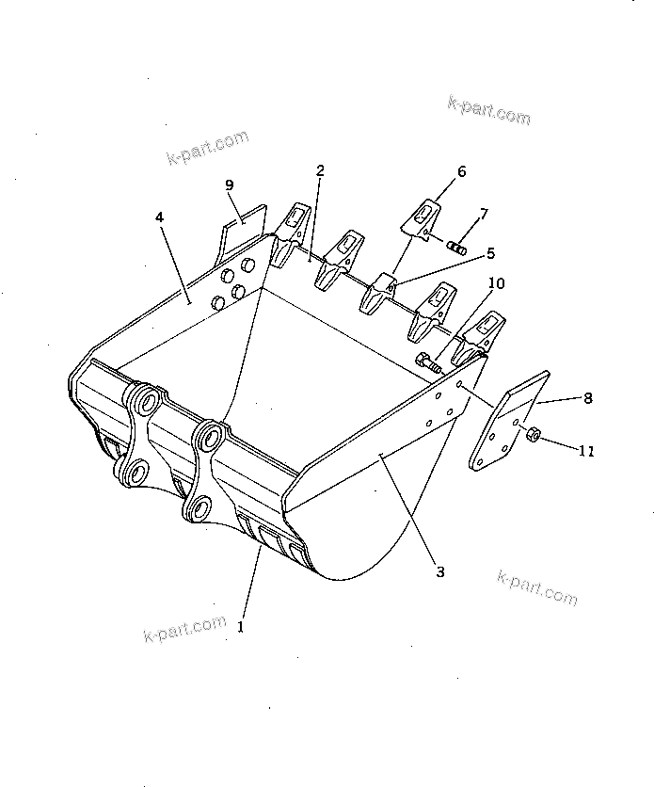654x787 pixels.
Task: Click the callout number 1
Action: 241,625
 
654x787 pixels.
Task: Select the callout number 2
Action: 321,170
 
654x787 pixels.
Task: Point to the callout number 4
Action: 161,217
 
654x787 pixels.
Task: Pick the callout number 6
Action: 461,171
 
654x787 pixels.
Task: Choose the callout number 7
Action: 483,215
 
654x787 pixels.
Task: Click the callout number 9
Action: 229,185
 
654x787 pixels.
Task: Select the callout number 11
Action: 585,452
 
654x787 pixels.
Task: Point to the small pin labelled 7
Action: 455,249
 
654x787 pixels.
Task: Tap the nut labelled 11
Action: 532,434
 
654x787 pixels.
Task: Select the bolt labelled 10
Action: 426,361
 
